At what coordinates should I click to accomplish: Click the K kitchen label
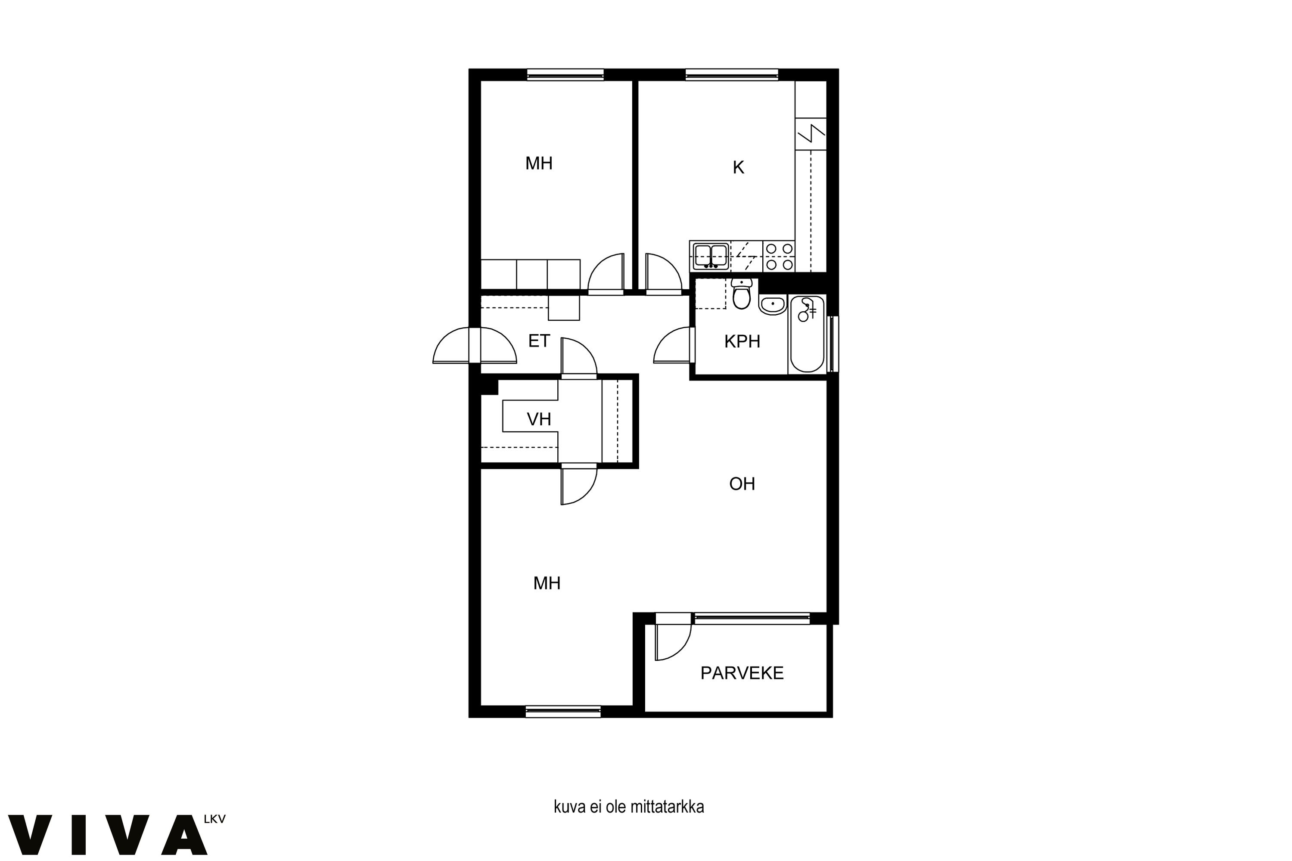click(x=738, y=167)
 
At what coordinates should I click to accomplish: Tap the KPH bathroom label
click(x=742, y=341)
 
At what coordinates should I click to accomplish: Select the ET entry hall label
click(x=539, y=341)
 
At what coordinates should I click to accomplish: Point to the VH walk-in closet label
click(x=539, y=419)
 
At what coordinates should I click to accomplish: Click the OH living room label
click(x=742, y=484)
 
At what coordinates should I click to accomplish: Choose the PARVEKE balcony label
click(x=742, y=673)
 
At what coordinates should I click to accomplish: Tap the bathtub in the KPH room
click(x=807, y=334)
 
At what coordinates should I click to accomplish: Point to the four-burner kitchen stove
click(x=779, y=257)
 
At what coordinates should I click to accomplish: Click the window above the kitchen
click(x=732, y=74)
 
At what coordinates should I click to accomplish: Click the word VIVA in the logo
click(x=108, y=835)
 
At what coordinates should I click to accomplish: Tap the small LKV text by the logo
click(x=214, y=819)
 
